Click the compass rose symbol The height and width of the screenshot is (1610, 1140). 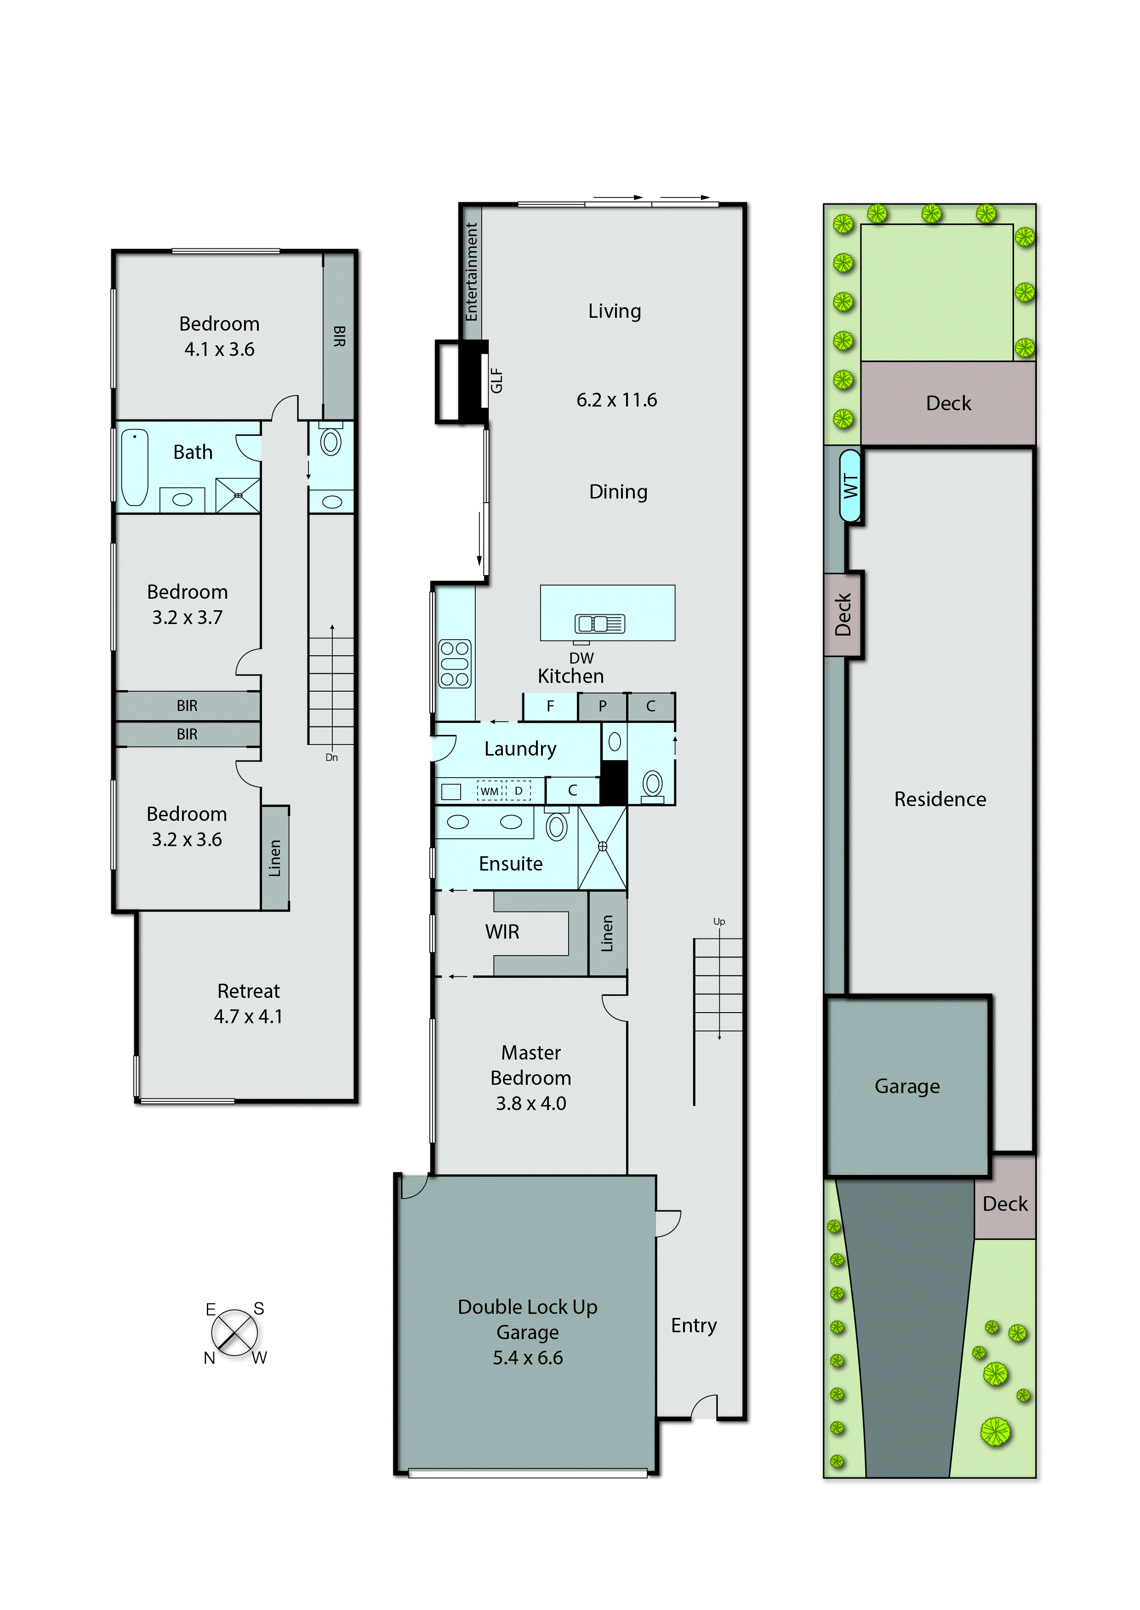tap(234, 1332)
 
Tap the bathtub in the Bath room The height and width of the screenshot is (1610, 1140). tap(135, 467)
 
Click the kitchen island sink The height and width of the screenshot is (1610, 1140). tap(599, 623)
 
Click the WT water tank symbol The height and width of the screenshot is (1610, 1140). tap(850, 486)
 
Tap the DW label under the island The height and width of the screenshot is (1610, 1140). tap(581, 658)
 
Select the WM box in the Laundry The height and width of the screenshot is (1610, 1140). tap(489, 791)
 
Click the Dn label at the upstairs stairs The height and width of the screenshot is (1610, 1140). tap(331, 757)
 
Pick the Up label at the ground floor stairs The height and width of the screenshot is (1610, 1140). tap(719, 921)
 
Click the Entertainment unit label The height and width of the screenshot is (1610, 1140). tap(472, 272)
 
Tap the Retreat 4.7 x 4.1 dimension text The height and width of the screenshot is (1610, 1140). tap(248, 1016)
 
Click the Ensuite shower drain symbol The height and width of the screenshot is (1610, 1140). tap(602, 846)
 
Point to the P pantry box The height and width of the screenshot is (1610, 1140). tap(602, 706)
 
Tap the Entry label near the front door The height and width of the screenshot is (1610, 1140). tap(694, 1325)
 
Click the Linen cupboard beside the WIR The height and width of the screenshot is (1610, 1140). tap(607, 933)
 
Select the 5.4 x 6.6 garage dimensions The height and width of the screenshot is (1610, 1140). tap(527, 1357)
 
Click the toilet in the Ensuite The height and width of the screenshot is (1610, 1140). tap(557, 826)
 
